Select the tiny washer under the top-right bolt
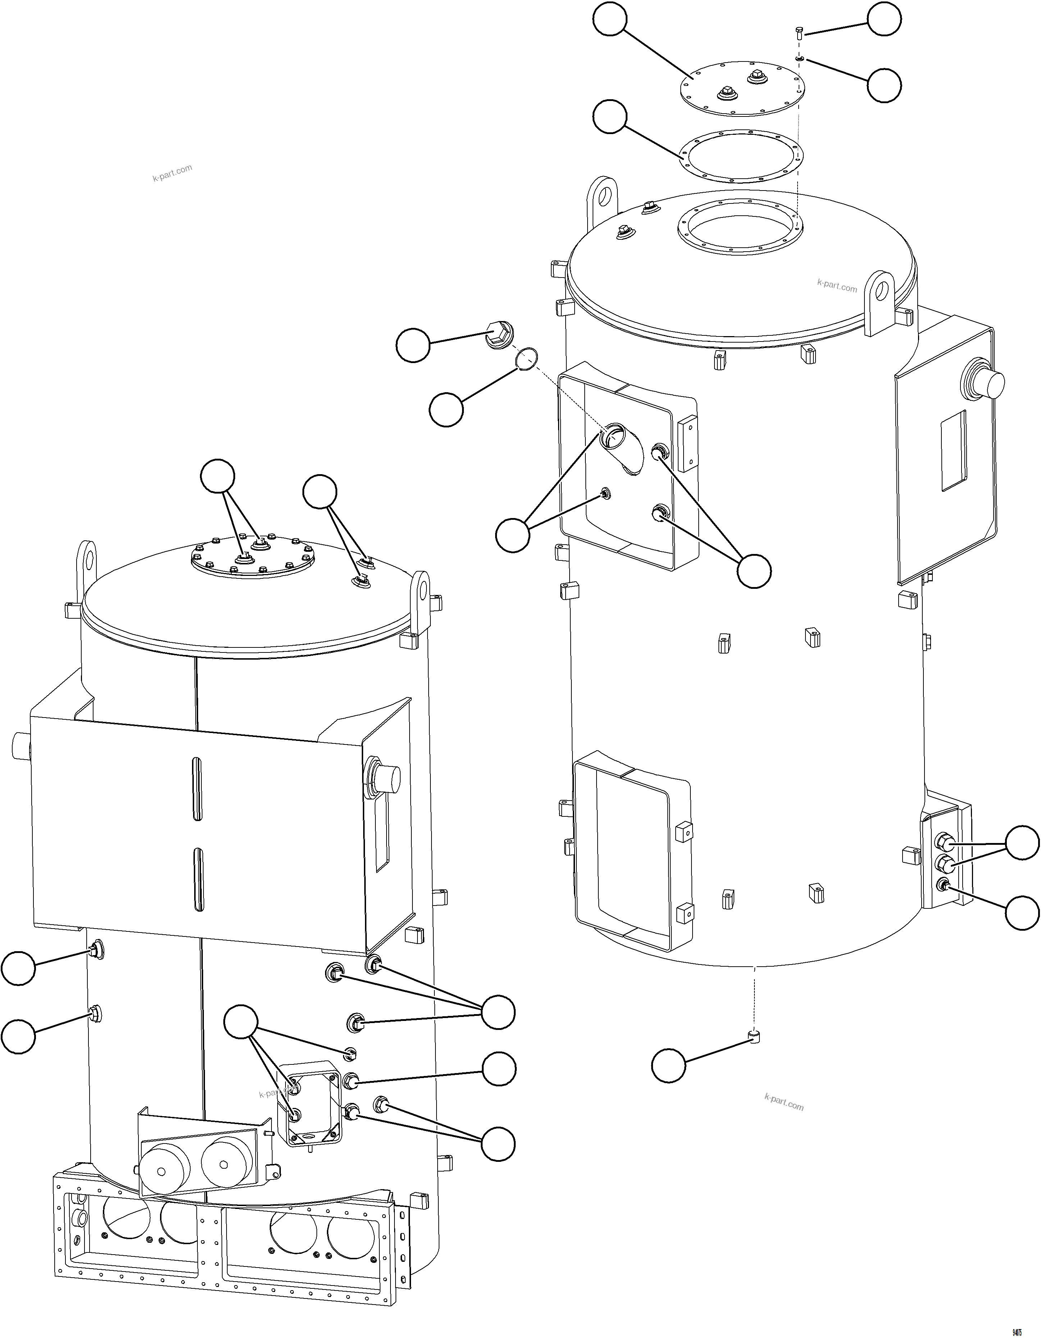click(x=800, y=58)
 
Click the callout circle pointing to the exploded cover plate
click(x=609, y=20)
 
